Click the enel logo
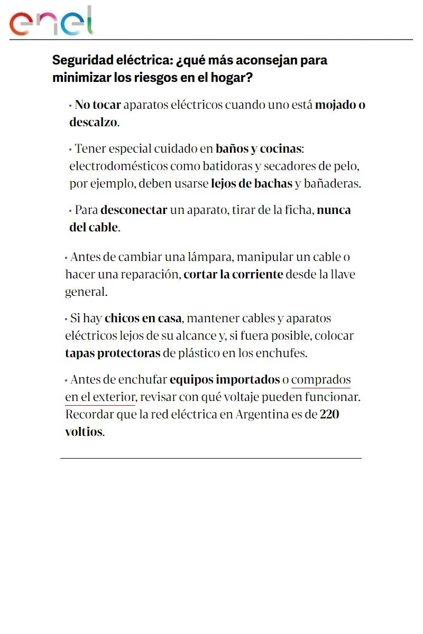51,22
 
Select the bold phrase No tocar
98,105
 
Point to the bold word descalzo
93,123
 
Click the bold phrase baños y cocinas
258,148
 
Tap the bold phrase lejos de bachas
251,184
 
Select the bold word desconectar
134,210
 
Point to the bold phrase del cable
94,228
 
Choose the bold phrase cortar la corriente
233,275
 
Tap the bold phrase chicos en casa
143,319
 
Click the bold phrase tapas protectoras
113,353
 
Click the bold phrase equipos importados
225,379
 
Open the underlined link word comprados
321,379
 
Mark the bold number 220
329,414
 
